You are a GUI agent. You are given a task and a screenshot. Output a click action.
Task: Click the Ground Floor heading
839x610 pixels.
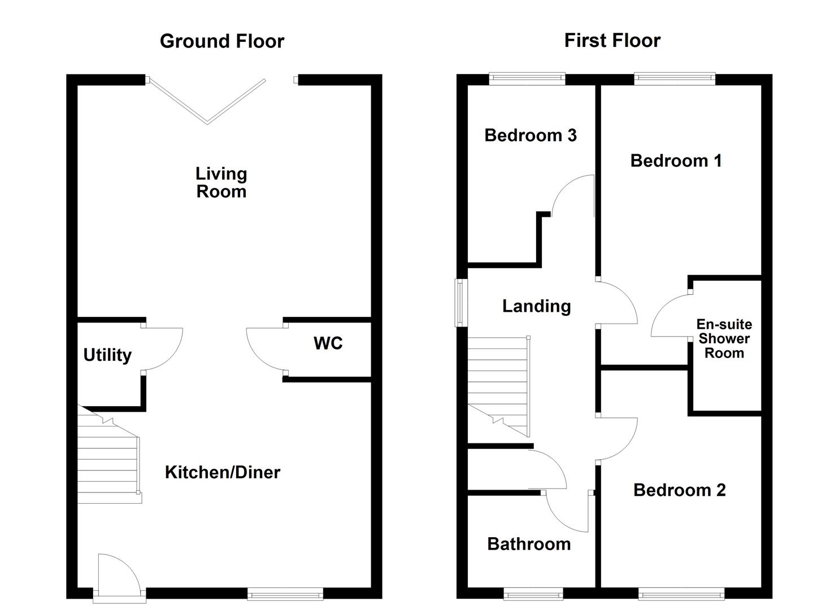coord(222,41)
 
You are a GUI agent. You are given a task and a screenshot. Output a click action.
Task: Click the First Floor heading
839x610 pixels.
coord(612,41)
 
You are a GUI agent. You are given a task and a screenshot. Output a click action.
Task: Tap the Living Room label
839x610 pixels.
coord(221,183)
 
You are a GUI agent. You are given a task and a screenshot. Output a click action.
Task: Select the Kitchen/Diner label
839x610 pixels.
coord(223,472)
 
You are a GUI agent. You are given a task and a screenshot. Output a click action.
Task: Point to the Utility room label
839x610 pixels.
coord(107,355)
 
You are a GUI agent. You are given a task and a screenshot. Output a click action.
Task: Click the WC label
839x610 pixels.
coord(328,343)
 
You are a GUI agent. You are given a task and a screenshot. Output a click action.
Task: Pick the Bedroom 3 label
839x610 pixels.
coord(531,135)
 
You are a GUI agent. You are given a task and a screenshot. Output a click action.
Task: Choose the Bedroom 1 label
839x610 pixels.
coord(676,160)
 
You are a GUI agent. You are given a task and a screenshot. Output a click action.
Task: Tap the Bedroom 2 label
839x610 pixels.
coord(680,490)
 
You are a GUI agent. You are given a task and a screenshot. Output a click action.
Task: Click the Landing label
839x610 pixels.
coord(536,306)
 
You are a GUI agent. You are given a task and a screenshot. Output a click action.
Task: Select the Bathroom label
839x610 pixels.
coord(529,544)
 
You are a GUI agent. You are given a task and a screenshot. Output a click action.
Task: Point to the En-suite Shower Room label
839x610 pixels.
coord(724,338)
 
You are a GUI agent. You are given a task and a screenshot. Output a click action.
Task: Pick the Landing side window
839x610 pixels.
coord(461,303)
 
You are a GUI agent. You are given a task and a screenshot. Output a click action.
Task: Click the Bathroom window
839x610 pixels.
coord(533,594)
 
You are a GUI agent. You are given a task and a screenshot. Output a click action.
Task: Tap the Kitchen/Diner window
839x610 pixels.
coord(285,594)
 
